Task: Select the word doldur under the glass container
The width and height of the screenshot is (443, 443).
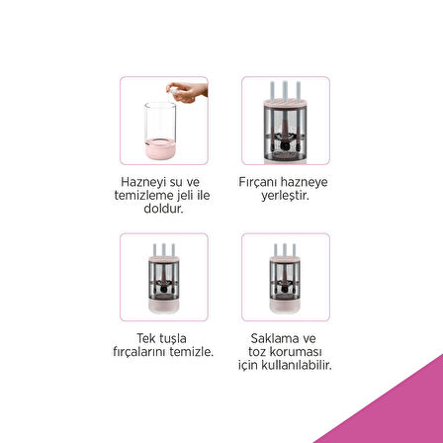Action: tap(163, 209)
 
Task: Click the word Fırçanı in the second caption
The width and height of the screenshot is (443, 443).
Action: tap(258, 182)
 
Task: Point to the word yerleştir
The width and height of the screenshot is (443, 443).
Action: tap(285, 196)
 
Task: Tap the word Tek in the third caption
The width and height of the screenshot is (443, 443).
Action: tap(145, 338)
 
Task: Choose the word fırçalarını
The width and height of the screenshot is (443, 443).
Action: tap(139, 352)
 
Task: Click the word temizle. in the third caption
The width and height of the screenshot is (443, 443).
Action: tap(192, 352)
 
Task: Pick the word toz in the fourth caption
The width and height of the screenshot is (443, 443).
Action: tap(257, 352)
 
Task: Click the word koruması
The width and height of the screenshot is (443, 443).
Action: tap(296, 352)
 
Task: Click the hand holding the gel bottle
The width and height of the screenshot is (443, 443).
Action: tap(189, 92)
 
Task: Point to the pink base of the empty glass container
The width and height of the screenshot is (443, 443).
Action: tap(160, 149)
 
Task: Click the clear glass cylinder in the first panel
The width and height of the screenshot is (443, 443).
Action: tap(160, 122)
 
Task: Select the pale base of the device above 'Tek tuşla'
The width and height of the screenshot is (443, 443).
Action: tap(164, 307)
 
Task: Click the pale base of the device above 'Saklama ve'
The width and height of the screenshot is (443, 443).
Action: tap(285, 307)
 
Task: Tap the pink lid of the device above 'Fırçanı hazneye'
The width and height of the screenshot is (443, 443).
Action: tap(285, 103)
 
